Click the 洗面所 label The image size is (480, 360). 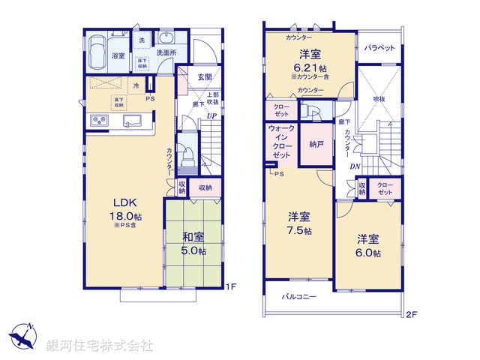pyautogui.click(x=166, y=53)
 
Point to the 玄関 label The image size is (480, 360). pyautogui.click(x=205, y=76)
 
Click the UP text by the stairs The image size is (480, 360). pyautogui.click(x=213, y=117)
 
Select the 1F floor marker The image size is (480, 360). pyautogui.click(x=232, y=287)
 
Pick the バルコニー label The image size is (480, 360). pyautogui.click(x=299, y=297)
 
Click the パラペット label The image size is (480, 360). pyautogui.click(x=379, y=47)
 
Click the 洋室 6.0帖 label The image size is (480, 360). pyautogui.click(x=367, y=246)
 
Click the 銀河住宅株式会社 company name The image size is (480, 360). pyautogui.click(x=100, y=346)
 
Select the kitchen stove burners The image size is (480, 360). pyautogui.click(x=100, y=121)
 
